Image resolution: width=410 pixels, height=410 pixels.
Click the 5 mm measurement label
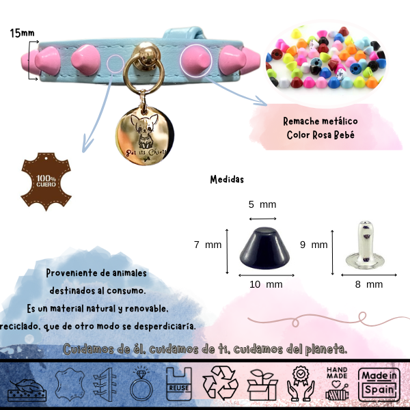tap(262, 204)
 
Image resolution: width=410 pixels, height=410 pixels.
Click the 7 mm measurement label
tap(208, 244)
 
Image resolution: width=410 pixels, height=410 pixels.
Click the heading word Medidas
tap(228, 180)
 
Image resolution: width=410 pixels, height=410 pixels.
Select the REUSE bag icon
tap(178, 383)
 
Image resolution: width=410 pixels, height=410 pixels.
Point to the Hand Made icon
tap(339, 383)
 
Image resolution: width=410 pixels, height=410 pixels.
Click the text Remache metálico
tap(320, 121)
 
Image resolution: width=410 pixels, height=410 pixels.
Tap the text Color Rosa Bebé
tap(320, 135)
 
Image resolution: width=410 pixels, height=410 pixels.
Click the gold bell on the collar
tap(144, 54)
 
